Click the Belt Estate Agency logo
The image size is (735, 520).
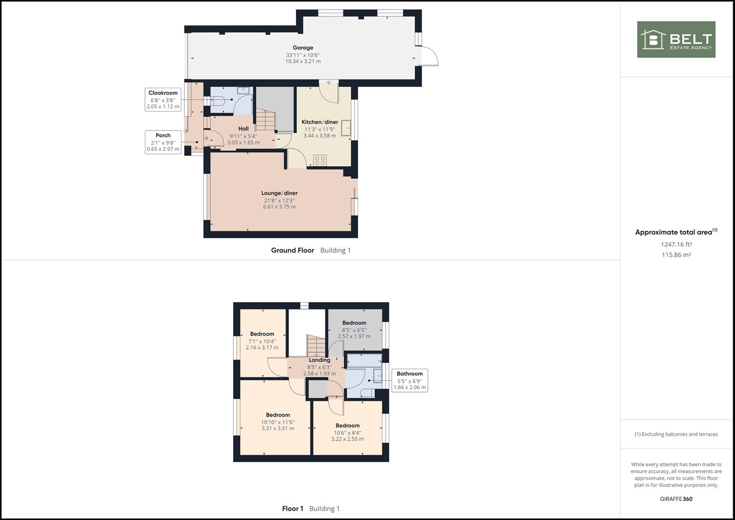676,39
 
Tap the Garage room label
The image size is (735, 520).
303,48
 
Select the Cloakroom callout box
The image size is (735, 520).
163,100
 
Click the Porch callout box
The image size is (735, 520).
163,142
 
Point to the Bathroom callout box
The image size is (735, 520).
409,380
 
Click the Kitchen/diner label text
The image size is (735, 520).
320,122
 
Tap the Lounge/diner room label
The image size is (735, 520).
279,194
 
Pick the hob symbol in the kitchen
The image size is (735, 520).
320,160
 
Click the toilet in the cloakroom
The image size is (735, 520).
219,100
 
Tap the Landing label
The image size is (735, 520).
319,360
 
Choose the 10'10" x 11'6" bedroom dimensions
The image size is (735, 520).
278,422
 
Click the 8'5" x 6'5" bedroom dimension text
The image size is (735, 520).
354,330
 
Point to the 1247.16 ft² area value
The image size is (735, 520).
676,244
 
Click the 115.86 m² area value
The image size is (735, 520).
676,255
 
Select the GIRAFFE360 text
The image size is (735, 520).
676,499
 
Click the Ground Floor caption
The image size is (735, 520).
292,250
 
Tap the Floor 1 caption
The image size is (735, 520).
293,508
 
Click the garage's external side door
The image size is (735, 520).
428,56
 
